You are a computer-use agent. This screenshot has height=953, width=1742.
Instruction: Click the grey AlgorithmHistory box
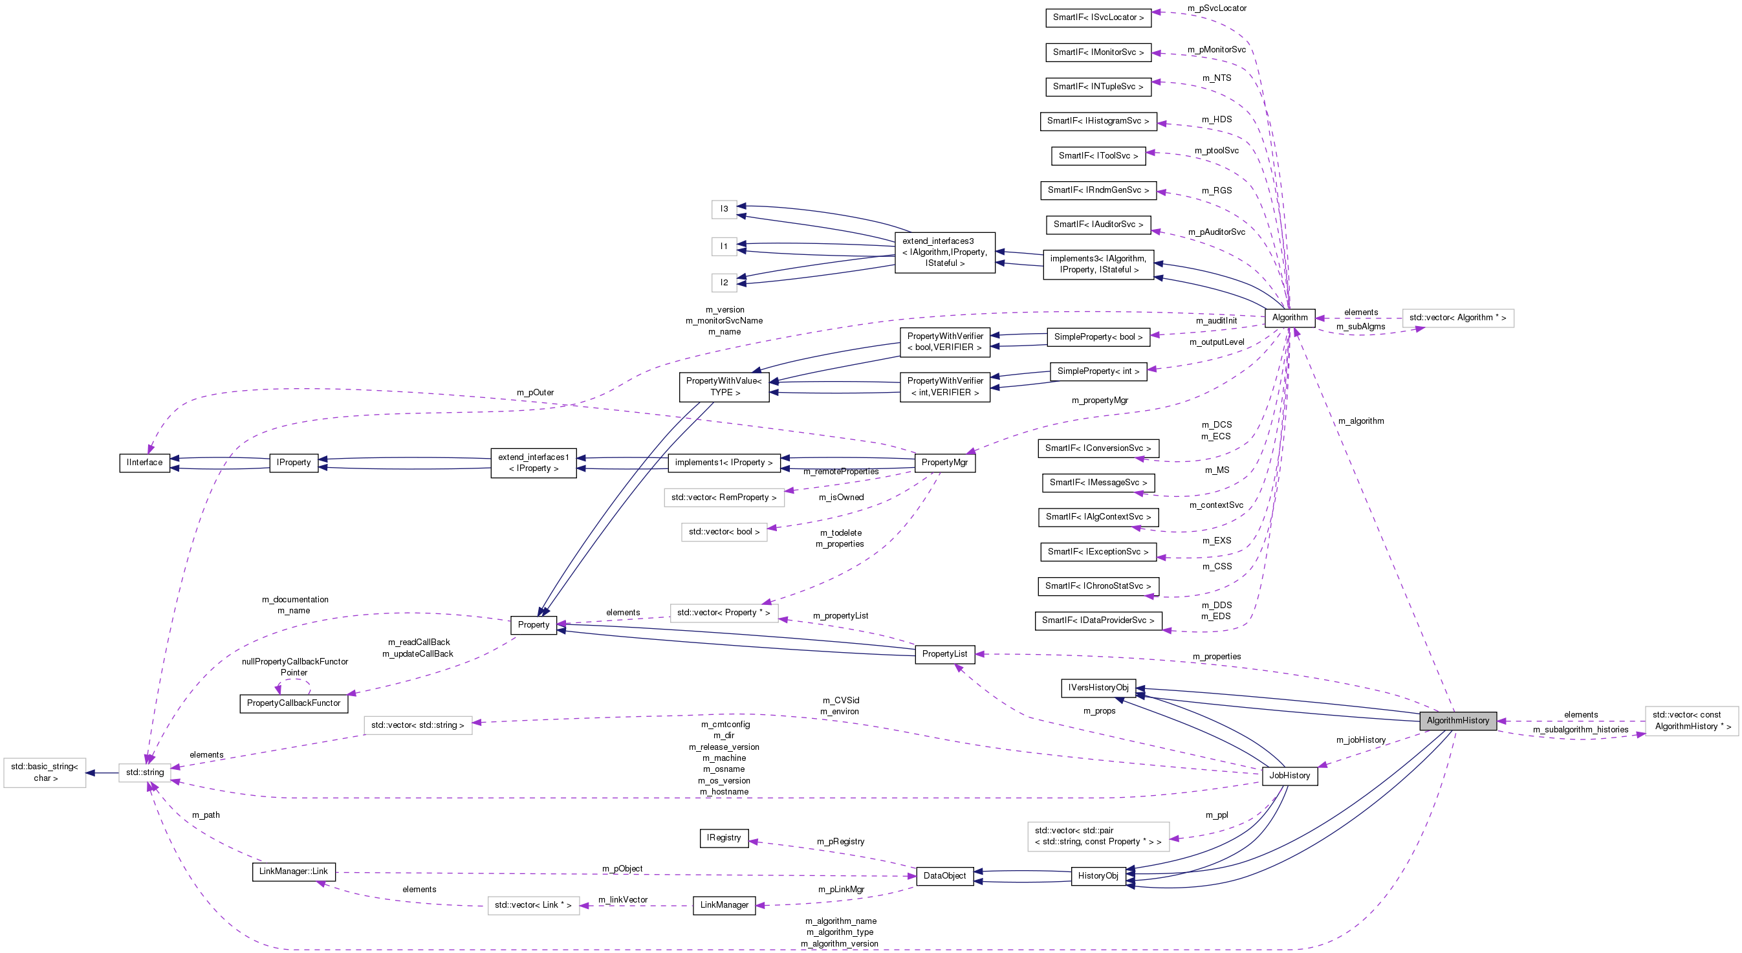click(x=1457, y=720)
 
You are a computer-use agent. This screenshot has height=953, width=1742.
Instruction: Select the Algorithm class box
click(x=1290, y=317)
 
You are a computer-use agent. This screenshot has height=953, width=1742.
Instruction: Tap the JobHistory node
click(x=1289, y=775)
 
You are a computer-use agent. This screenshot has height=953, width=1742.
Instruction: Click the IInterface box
click(x=145, y=462)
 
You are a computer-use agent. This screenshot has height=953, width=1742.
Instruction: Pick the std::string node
click(x=145, y=772)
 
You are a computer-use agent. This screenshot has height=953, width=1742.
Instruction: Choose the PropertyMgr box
click(x=944, y=462)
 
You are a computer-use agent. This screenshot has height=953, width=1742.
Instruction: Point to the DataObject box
click(x=944, y=875)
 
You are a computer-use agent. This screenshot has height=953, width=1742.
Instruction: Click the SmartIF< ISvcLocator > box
click(x=1098, y=17)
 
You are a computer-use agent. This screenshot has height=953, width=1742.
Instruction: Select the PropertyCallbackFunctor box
click(x=294, y=703)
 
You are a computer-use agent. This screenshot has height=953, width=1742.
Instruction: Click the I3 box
click(x=724, y=208)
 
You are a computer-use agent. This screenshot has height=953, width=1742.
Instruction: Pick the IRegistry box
click(x=724, y=837)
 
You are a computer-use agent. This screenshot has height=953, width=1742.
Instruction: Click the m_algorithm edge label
click(x=1360, y=421)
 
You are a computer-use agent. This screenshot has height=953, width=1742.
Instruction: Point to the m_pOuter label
click(x=535, y=392)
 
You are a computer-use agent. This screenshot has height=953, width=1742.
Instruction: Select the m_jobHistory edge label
click(x=1360, y=739)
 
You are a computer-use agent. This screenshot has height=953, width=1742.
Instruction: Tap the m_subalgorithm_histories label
click(x=1580, y=729)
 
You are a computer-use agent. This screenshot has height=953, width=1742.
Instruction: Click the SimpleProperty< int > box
click(x=1098, y=371)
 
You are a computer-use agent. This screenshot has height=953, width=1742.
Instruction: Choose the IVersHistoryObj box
click(x=1098, y=687)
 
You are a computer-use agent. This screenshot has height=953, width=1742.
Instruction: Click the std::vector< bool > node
click(x=724, y=531)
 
